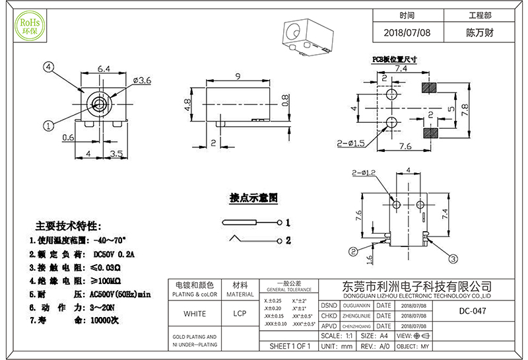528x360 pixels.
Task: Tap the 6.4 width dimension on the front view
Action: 104,69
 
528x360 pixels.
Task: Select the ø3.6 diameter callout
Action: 142,80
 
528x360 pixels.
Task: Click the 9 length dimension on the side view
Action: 236,76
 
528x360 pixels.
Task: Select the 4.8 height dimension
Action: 187,104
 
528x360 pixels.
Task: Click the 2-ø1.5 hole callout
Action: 352,143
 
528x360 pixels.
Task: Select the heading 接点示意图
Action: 253,198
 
